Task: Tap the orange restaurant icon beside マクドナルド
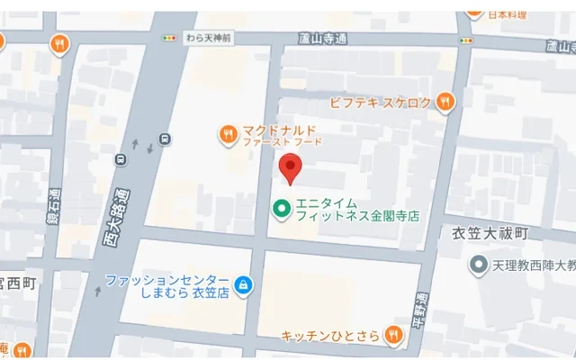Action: [229, 136]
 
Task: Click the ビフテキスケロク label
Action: [381, 103]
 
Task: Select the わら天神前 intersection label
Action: [208, 38]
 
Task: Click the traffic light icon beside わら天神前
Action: [169, 38]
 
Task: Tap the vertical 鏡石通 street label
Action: [55, 210]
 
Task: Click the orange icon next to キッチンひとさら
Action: [392, 336]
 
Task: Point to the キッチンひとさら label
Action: [330, 336]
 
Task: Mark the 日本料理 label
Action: [508, 14]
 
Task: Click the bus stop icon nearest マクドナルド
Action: [164, 139]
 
